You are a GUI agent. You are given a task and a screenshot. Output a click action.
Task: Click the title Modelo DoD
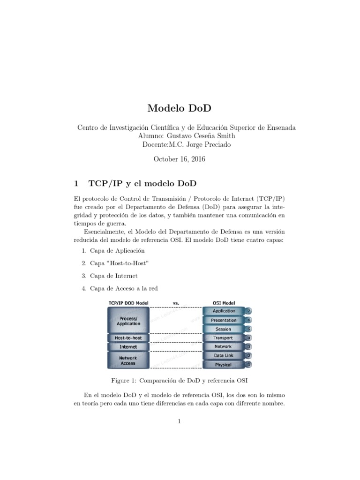point(180,108)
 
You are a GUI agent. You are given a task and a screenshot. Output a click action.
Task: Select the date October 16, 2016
point(180,159)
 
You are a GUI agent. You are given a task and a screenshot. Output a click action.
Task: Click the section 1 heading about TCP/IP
point(138,181)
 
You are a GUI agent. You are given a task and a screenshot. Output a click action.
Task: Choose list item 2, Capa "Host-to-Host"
point(116,263)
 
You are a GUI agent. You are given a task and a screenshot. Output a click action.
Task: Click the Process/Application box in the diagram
point(127,321)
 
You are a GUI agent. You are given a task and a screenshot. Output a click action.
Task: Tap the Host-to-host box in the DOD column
point(127,337)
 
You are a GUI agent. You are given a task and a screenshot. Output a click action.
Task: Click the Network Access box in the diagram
point(127,360)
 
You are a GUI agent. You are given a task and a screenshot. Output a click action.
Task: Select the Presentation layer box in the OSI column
point(224,320)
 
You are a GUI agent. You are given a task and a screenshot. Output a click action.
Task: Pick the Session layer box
point(224,329)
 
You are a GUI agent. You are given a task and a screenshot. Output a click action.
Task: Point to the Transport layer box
point(224,338)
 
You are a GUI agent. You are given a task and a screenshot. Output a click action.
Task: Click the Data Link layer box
point(224,356)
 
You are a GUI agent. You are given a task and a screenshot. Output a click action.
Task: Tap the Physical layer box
point(224,365)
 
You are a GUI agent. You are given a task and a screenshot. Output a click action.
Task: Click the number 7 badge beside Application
point(249,311)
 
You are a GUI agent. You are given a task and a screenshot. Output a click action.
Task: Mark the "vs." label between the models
point(176,303)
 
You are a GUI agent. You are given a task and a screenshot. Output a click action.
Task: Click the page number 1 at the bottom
point(180,421)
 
